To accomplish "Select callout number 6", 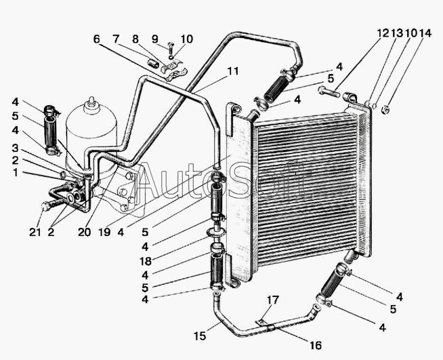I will [96, 40].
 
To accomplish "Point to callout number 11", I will [234, 70].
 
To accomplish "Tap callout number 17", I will [271, 300].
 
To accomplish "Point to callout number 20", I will [84, 231].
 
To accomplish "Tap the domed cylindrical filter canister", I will [91, 132].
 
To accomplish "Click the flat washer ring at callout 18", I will [217, 235].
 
